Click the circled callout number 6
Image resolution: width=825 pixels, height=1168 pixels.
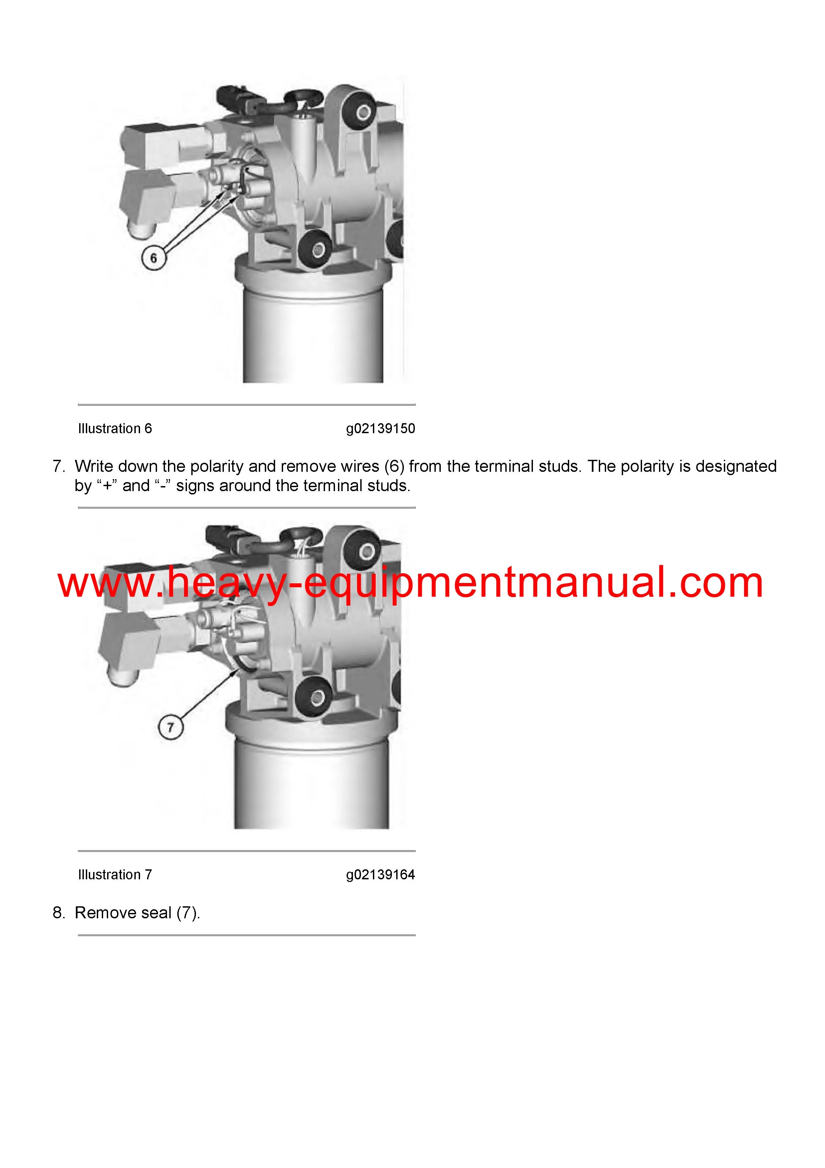click(x=153, y=258)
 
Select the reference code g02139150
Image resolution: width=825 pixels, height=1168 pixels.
click(x=381, y=429)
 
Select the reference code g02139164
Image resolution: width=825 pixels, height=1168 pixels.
click(x=381, y=875)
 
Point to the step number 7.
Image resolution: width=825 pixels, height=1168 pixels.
click(x=59, y=466)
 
